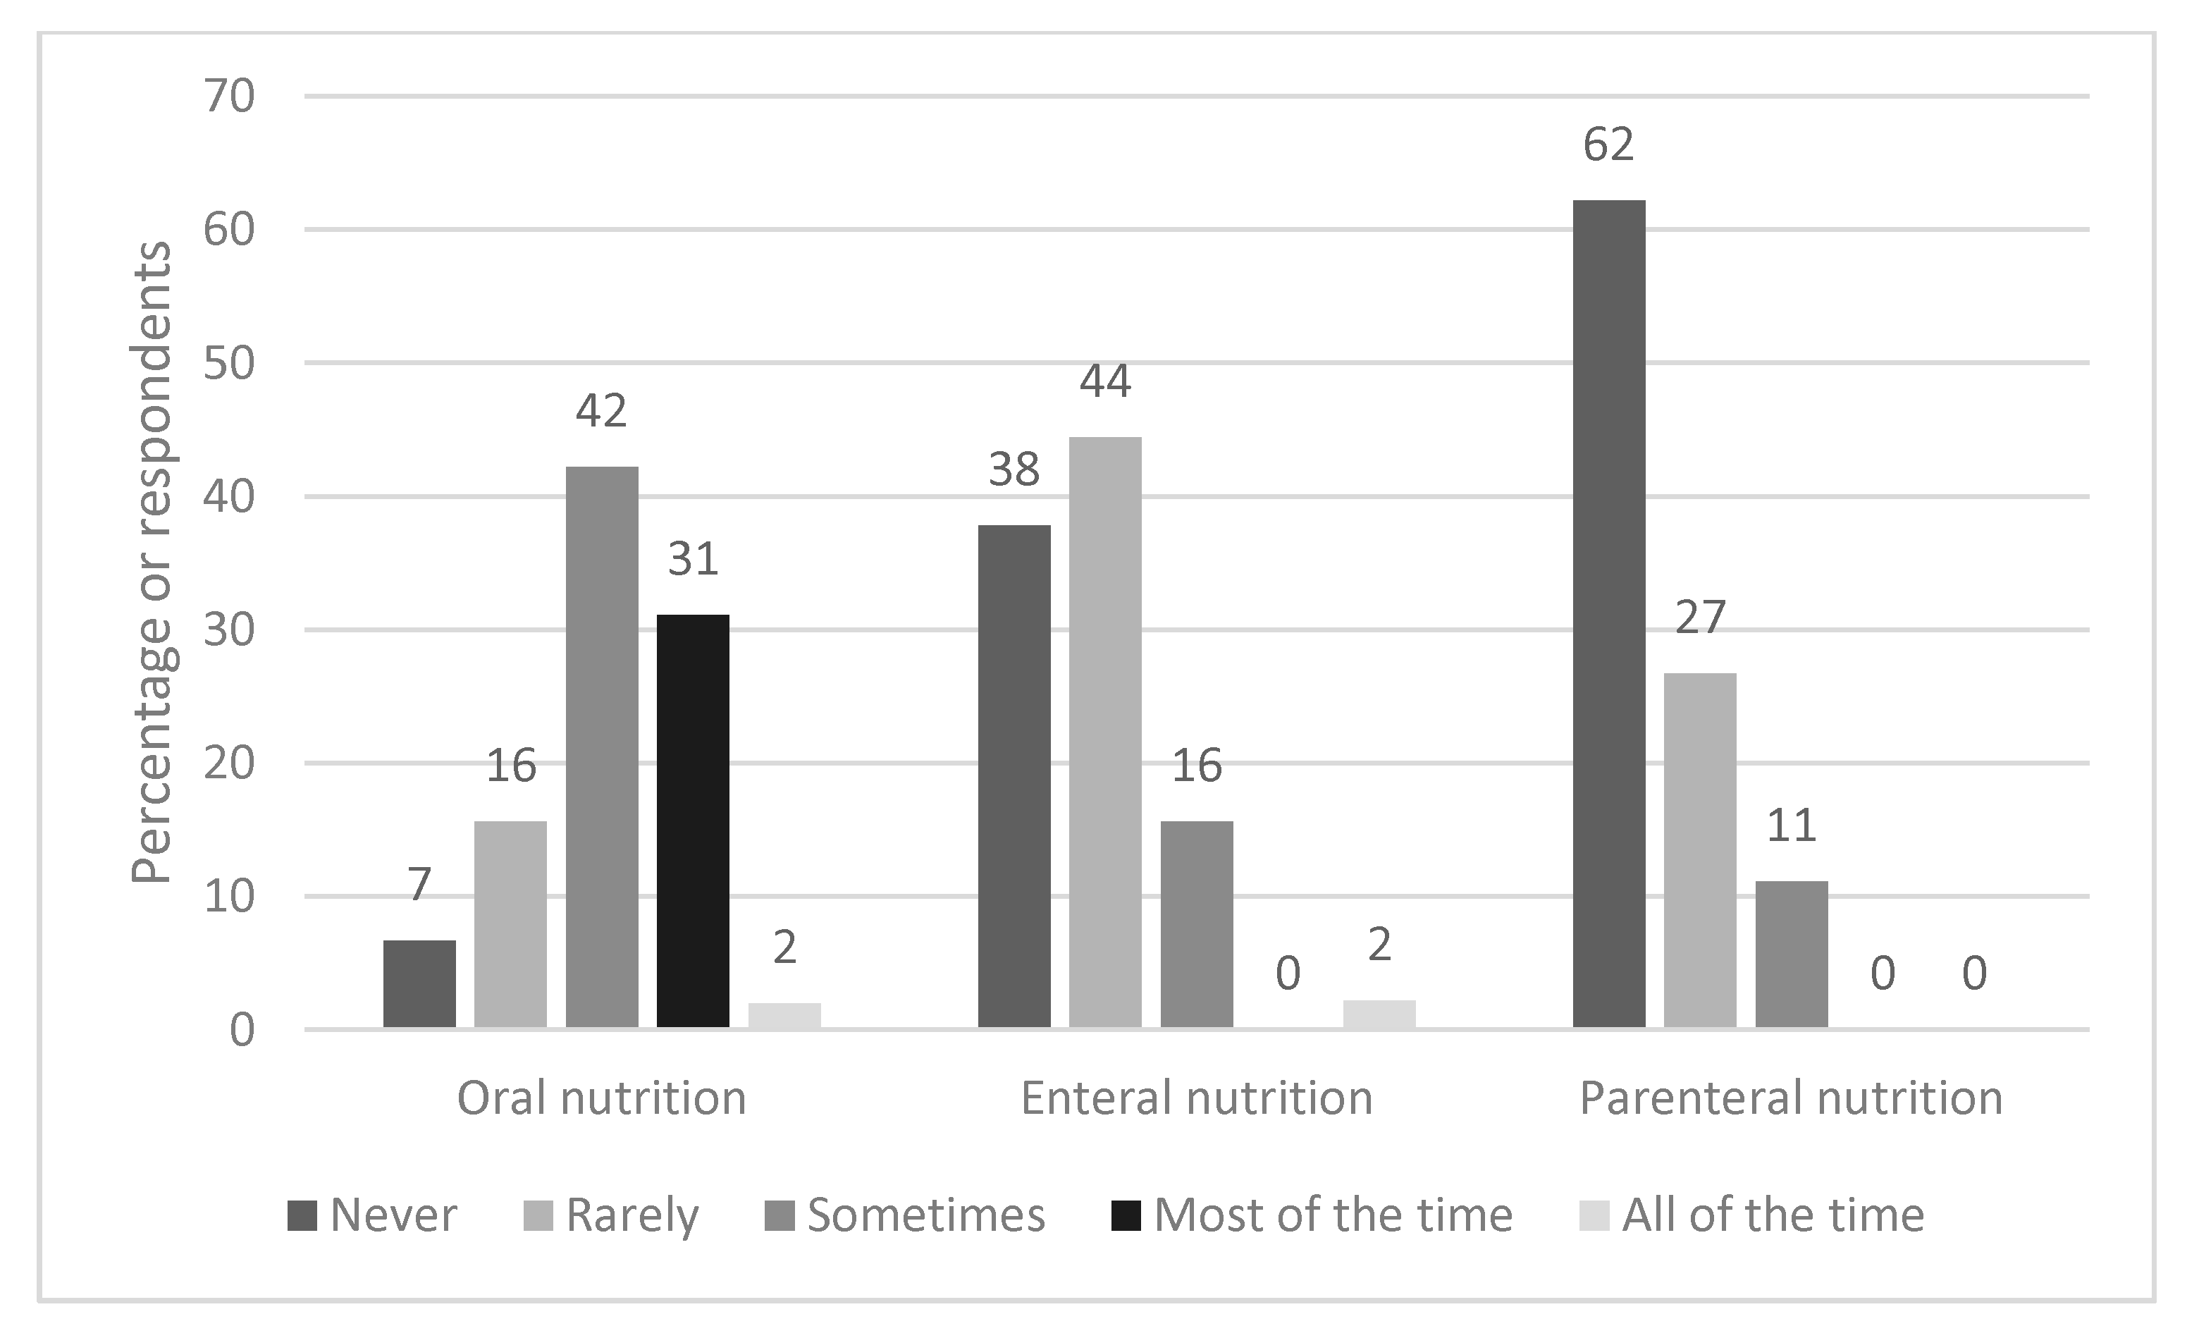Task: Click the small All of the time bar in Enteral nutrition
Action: pyautogui.click(x=1379, y=1014)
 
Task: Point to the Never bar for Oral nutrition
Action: pyautogui.click(x=419, y=983)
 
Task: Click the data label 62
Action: pyautogui.click(x=1608, y=145)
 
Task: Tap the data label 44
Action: pyautogui.click(x=1105, y=381)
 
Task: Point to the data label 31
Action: pyautogui.click(x=692, y=559)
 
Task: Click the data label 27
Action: pyautogui.click(x=1700, y=618)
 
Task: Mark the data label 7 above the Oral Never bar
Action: pyautogui.click(x=419, y=885)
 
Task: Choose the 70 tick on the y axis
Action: pyautogui.click(x=229, y=96)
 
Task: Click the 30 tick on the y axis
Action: pyautogui.click(x=229, y=630)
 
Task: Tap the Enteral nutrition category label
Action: pyautogui.click(x=1197, y=1098)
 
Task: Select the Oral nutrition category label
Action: pyautogui.click(x=602, y=1098)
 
